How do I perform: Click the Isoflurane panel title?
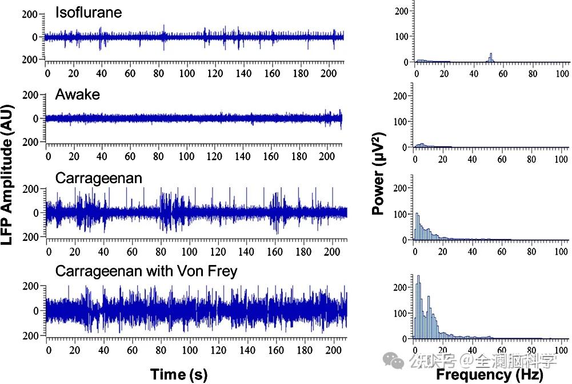tap(89, 12)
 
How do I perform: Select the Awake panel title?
tap(77, 94)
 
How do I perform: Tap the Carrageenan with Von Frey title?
tap(146, 271)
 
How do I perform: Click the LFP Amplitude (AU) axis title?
tap(7, 175)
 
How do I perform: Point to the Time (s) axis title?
tap(179, 374)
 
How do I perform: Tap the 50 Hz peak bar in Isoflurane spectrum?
tap(490, 57)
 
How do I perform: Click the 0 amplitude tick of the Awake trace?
tap(35, 118)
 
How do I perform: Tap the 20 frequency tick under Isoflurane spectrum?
tap(445, 74)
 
